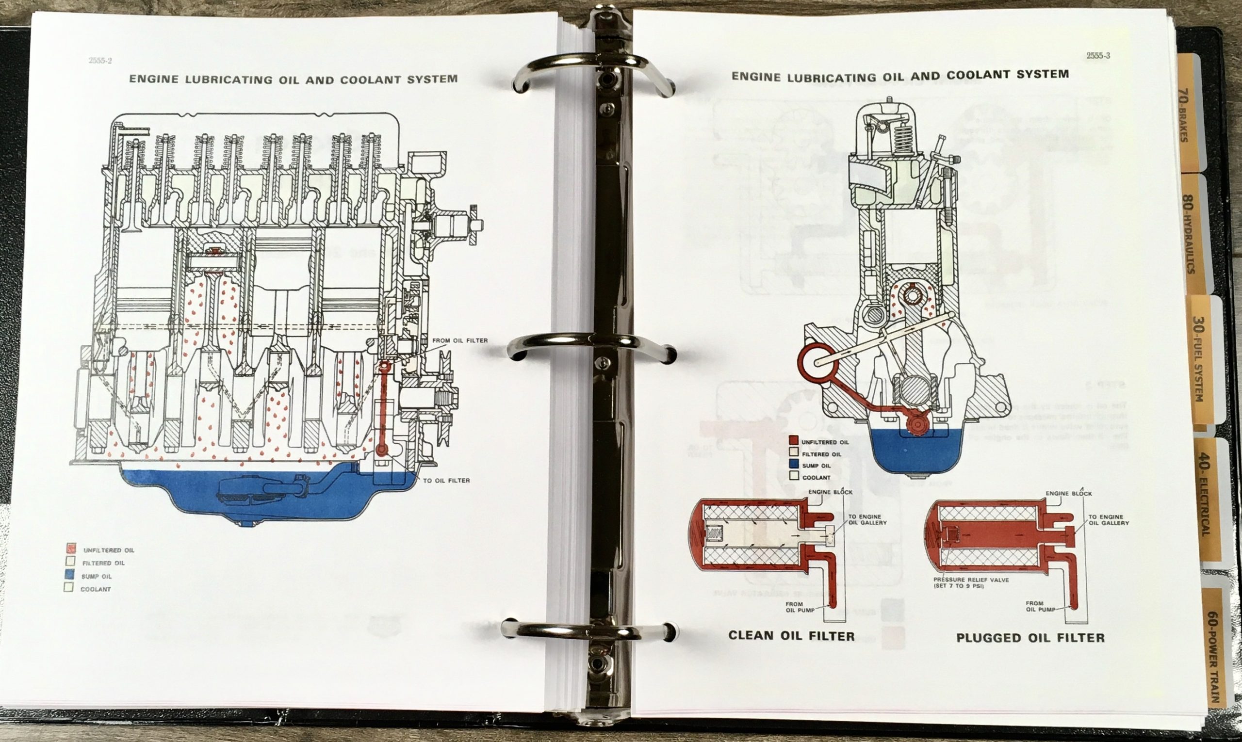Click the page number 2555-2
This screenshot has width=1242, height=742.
coord(100,61)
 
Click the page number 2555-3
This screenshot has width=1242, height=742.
coord(1098,56)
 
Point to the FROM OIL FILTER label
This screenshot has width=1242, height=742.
coord(459,340)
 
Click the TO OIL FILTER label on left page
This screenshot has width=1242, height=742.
coord(446,481)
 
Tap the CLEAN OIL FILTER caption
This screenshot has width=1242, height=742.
coord(791,636)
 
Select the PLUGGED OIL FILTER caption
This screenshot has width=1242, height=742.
coord(1030,638)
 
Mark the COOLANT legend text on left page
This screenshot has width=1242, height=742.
coord(96,590)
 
